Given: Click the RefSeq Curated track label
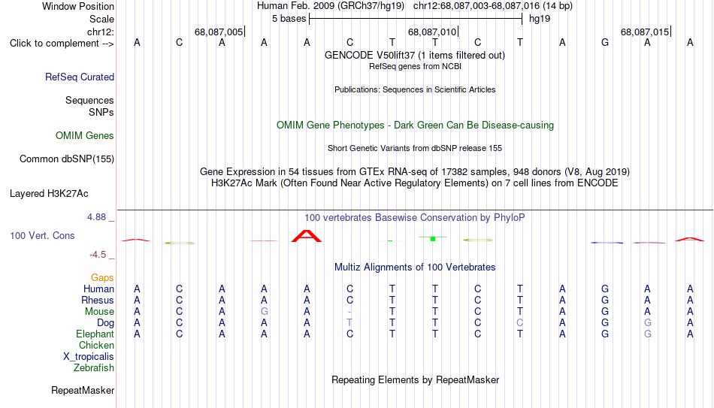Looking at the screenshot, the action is [80, 77].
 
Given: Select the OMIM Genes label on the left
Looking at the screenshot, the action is [85, 136].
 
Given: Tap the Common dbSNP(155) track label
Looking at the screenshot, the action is [67, 159].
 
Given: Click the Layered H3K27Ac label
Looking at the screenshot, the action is [49, 194].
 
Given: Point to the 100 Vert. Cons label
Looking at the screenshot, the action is [42, 235].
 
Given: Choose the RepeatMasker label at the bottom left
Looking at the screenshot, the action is [83, 390].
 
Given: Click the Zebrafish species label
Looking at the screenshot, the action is [94, 367].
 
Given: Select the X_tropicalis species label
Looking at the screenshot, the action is [89, 357].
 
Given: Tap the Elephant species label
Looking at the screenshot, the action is [95, 334].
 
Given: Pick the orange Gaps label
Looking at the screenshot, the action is [102, 277].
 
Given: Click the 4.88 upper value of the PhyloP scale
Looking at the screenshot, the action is [97, 217].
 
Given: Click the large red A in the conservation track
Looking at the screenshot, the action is [307, 236].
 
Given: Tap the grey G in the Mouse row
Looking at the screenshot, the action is [264, 312].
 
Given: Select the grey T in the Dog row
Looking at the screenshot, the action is [349, 322].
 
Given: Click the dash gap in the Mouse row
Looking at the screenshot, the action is [349, 312].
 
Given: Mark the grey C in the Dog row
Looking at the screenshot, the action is [519, 322].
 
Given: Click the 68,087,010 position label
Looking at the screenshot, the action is [431, 32].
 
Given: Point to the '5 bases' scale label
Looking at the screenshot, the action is [289, 19].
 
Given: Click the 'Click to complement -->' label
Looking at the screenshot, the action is [62, 44].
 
